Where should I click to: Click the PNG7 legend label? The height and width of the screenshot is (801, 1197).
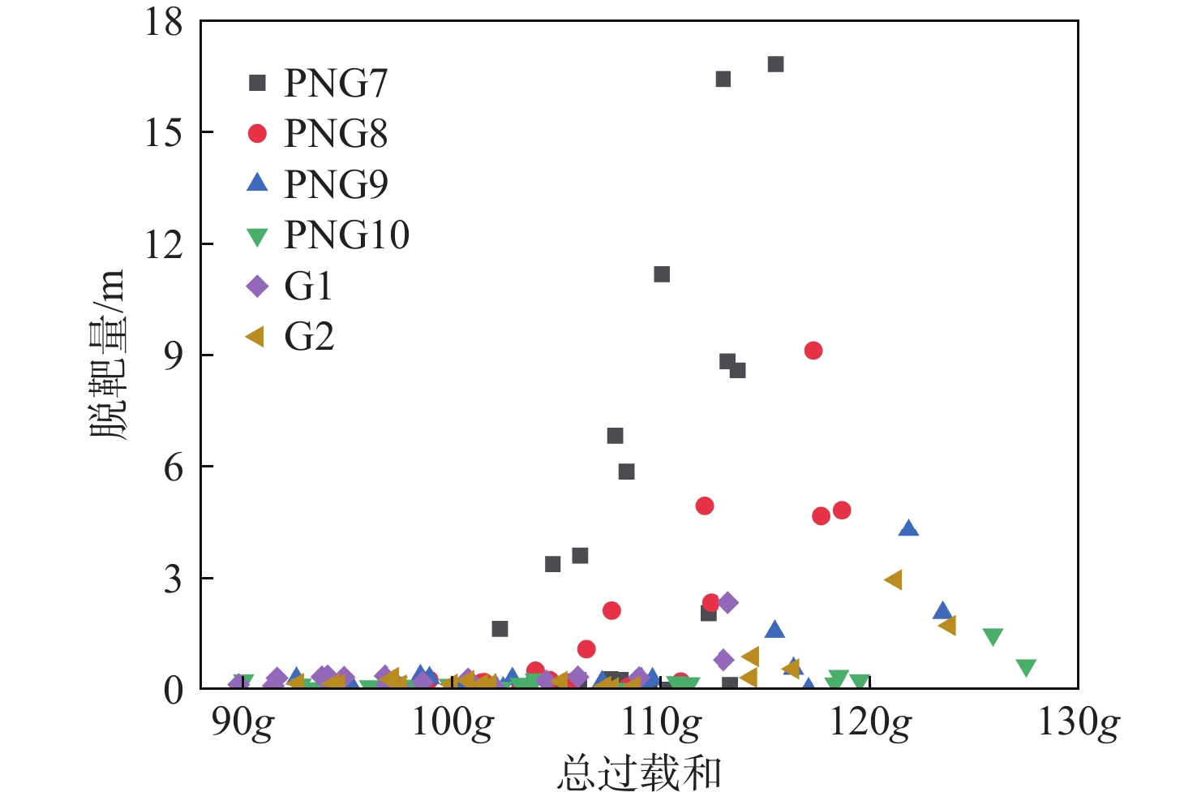[x=336, y=83]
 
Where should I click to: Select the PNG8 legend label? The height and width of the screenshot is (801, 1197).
[x=336, y=134]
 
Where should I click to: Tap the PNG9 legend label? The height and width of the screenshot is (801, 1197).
[x=336, y=184]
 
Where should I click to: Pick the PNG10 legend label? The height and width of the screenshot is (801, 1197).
[x=346, y=235]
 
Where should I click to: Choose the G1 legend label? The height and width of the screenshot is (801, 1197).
[x=309, y=286]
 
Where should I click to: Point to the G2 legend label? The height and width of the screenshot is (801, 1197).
[x=309, y=337]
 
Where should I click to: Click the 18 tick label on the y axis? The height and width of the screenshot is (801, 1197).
[x=165, y=22]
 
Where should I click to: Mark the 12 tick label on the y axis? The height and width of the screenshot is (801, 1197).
[x=165, y=244]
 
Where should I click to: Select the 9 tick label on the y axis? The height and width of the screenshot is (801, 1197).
[x=174, y=355]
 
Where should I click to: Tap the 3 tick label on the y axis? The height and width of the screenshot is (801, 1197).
[x=174, y=579]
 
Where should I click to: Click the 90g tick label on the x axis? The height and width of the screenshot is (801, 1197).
[x=242, y=722]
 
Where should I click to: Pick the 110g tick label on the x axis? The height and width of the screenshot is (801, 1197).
[x=661, y=722]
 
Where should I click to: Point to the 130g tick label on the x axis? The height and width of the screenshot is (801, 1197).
[x=1079, y=722]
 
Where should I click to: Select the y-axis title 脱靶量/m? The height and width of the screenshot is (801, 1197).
[x=108, y=355]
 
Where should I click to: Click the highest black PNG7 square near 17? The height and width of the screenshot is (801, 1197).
[x=776, y=64]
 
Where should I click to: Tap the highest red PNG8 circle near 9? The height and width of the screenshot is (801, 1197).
[x=813, y=351]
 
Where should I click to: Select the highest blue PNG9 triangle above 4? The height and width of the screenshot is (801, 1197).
[x=908, y=528]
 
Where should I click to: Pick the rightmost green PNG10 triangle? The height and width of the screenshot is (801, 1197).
[x=1027, y=668]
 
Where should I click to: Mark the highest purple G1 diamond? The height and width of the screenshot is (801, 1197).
[x=727, y=602]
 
